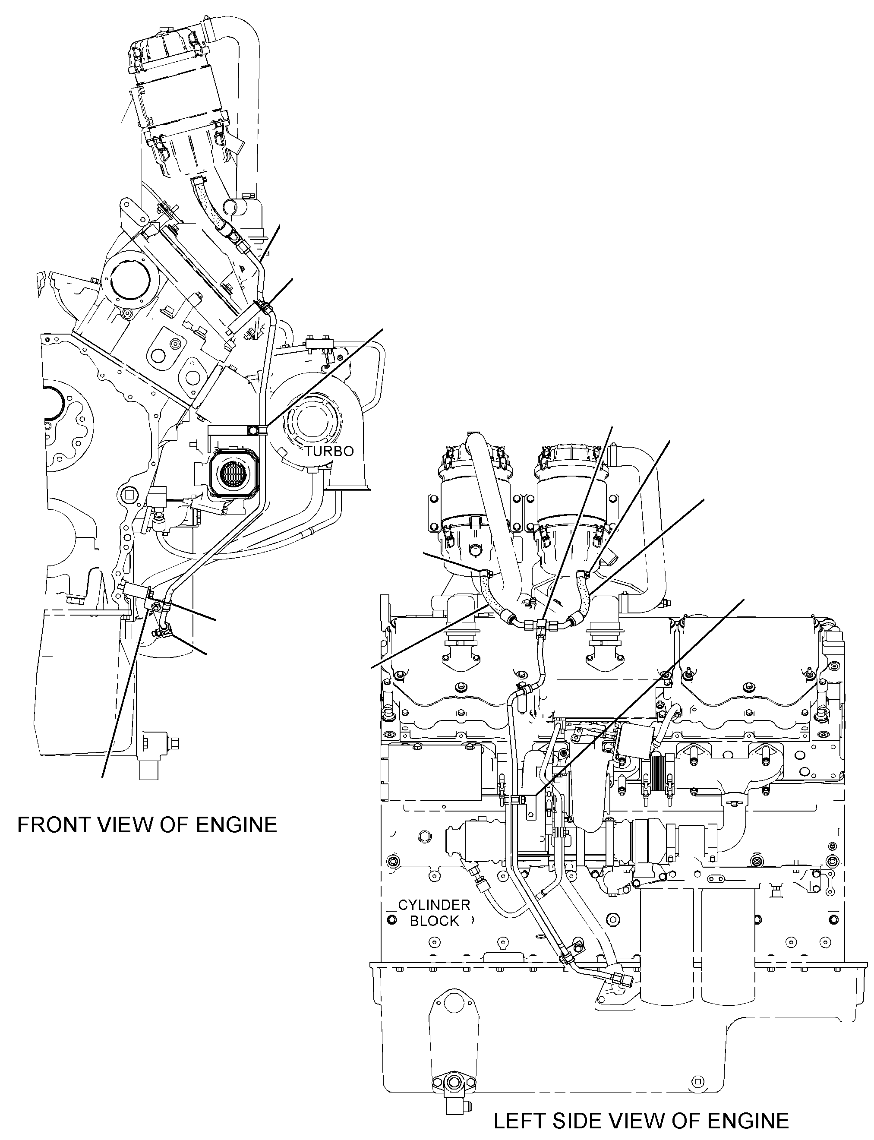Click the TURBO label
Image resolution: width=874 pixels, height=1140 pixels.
click(329, 451)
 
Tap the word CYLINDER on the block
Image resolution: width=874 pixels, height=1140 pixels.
click(434, 905)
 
